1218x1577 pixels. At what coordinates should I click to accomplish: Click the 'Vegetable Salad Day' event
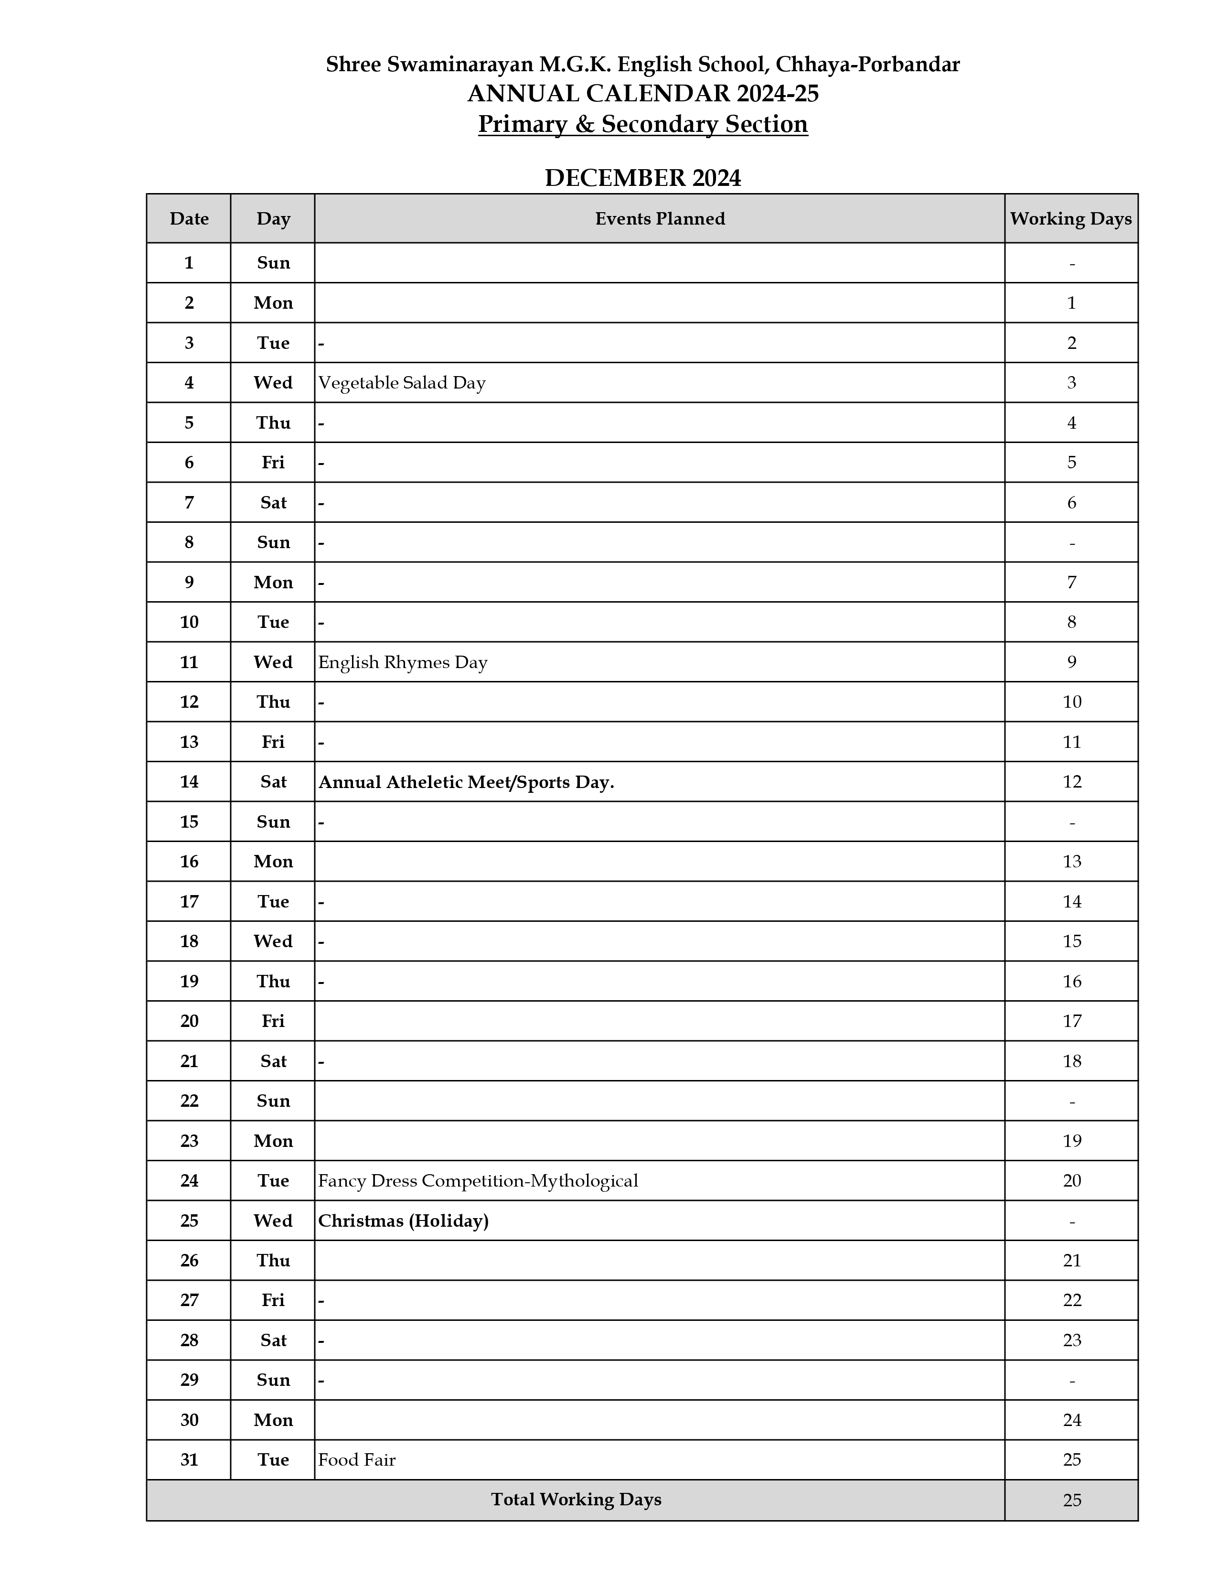click(402, 383)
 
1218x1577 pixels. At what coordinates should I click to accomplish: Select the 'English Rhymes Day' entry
click(403, 662)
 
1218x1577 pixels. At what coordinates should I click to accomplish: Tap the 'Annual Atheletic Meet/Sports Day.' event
click(466, 782)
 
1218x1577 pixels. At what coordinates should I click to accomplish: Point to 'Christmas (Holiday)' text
click(403, 1221)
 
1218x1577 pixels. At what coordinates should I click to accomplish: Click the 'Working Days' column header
click(1071, 219)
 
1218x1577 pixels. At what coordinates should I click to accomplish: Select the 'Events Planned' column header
click(660, 219)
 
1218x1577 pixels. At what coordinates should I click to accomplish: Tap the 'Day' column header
click(273, 219)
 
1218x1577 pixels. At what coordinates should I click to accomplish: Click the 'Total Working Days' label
click(576, 1500)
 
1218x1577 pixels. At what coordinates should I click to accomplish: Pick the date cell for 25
click(189, 1221)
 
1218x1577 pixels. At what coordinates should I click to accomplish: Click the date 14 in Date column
click(189, 782)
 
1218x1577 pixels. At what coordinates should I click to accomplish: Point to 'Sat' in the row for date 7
click(273, 503)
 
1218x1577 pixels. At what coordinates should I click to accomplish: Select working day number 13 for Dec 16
click(1071, 862)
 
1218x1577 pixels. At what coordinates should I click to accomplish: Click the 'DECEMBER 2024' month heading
click(642, 178)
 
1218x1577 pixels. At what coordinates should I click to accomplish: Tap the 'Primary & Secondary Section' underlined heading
click(642, 124)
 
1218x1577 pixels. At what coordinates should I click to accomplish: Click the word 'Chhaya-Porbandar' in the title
click(867, 65)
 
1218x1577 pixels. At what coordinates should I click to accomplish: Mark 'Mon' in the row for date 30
click(273, 1420)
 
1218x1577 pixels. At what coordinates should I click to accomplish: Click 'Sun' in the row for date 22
click(273, 1101)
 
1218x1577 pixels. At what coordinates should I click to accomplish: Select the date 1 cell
click(189, 263)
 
